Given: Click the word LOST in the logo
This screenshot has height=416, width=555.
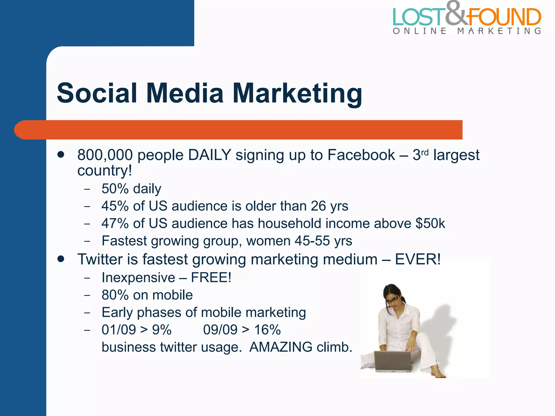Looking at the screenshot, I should click(x=419, y=17).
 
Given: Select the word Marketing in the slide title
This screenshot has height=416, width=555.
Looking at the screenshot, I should click(x=297, y=94).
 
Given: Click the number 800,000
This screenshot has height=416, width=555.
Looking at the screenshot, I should click(x=105, y=155).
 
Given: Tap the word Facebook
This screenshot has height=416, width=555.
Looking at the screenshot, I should click(x=361, y=155).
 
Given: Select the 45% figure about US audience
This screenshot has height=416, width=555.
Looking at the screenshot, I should click(x=115, y=206).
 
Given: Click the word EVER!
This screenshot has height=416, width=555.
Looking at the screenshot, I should click(x=418, y=259).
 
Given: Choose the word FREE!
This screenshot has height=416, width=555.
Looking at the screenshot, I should click(x=211, y=278).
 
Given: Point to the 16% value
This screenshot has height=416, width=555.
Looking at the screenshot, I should click(x=267, y=330).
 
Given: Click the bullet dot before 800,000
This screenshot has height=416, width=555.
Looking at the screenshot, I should click(x=61, y=154).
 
